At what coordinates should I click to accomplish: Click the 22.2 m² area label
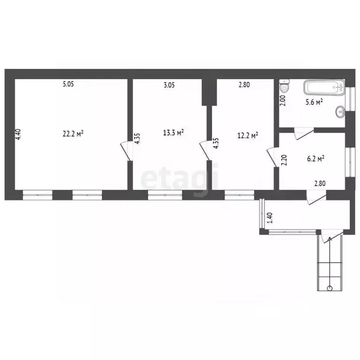(x=73, y=134)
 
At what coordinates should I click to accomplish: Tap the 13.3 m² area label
(x=173, y=132)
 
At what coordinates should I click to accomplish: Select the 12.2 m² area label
(x=247, y=135)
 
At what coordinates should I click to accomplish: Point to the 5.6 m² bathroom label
(x=315, y=102)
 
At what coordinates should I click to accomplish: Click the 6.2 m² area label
(x=315, y=158)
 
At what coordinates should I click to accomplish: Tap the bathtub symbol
(x=324, y=87)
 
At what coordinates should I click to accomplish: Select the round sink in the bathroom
(x=340, y=112)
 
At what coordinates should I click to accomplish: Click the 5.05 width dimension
(x=68, y=84)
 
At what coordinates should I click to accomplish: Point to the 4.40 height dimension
(x=18, y=135)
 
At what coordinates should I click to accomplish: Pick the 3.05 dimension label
(x=169, y=85)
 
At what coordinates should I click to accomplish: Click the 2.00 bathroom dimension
(x=283, y=100)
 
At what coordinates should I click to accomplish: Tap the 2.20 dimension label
(x=284, y=160)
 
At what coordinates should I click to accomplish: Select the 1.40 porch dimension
(x=270, y=218)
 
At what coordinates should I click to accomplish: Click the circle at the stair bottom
(x=330, y=288)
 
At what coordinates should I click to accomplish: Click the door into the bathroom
(x=304, y=134)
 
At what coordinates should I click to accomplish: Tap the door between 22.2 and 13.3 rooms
(x=126, y=150)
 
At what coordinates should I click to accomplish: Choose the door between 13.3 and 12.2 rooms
(x=205, y=150)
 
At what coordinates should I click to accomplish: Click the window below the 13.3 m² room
(x=165, y=195)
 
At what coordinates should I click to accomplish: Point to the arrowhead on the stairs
(x=330, y=240)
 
